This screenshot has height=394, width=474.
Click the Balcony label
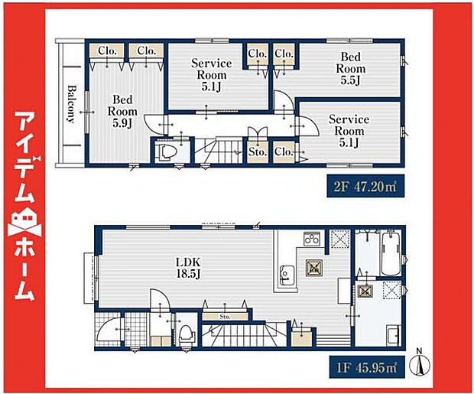71,104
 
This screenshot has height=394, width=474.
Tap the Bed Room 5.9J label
122,112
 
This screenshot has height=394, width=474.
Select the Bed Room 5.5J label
351,69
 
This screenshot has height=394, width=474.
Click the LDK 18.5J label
188,268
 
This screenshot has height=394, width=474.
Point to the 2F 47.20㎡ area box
365,186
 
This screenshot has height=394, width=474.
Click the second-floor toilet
164,152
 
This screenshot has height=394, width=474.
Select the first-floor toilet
187,335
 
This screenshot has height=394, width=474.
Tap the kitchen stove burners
312,239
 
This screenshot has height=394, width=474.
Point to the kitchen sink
287,275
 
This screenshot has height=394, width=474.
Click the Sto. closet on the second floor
257,152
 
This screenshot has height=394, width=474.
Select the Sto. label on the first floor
226,317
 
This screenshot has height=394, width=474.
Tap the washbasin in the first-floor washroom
394,335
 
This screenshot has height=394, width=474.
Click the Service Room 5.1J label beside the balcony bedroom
211,75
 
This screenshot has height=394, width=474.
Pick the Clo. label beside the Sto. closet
283,151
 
